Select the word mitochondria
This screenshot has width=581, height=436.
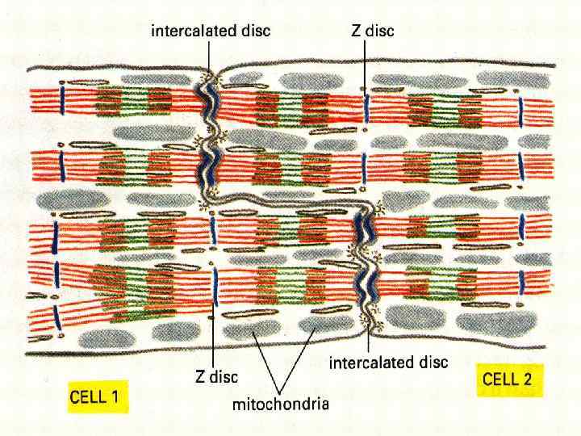pos(280,405)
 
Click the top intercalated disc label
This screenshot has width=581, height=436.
pos(211,31)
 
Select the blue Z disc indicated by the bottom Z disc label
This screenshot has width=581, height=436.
pos(214,283)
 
